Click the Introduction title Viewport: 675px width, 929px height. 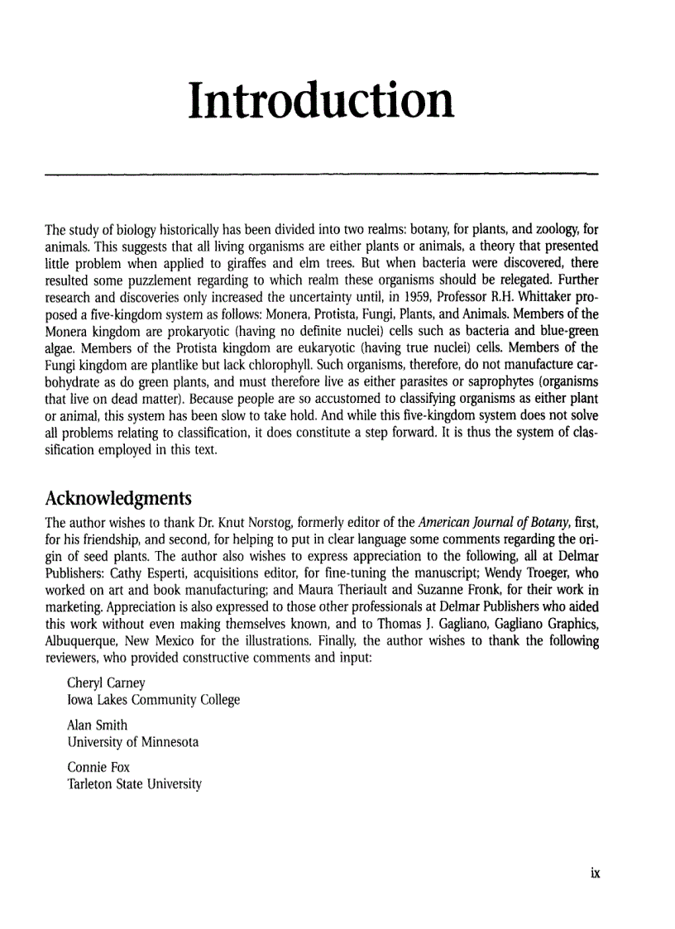[321, 100]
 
